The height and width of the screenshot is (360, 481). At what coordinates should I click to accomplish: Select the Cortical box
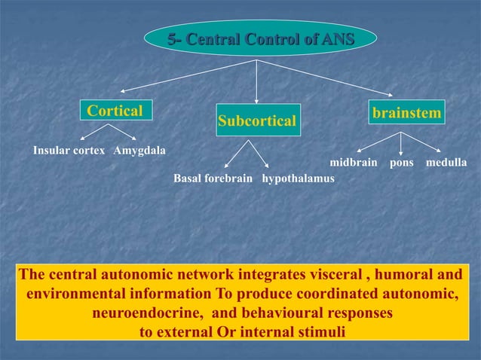point(115,111)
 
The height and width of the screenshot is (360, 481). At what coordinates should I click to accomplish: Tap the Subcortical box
point(257,121)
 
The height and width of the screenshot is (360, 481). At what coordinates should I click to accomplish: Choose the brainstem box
point(406,112)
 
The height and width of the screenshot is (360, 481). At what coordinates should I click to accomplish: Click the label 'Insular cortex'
point(69,150)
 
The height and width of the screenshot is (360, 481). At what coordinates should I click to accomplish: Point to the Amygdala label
point(139,150)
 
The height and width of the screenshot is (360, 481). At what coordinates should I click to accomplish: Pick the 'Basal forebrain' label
point(213,179)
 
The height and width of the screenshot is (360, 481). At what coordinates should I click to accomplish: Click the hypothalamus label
point(298,179)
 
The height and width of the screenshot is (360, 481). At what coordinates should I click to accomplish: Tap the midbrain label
point(354,163)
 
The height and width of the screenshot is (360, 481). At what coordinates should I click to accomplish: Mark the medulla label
point(446,163)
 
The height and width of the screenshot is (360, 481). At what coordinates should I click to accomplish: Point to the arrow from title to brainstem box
point(324,78)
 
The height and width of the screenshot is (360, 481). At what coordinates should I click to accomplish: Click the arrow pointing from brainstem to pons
point(401,143)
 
